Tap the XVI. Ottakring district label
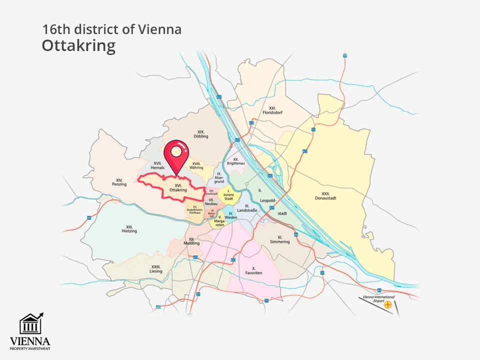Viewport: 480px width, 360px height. tap(178, 188)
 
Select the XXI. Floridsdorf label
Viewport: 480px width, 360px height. tap(272, 110)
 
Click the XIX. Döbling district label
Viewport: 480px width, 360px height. tap(201, 134)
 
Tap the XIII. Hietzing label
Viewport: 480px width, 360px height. tap(129, 229)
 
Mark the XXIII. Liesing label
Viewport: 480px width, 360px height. tap(155, 269)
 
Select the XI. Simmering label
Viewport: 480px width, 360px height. tap(279, 239)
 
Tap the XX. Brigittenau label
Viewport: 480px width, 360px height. tap(234, 161)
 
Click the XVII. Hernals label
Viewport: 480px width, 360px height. tap(157, 165)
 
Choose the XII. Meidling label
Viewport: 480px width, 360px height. tap(191, 241)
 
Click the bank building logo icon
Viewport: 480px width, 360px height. tap(30, 324)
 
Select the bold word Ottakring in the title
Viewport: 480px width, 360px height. tap(78, 45)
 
